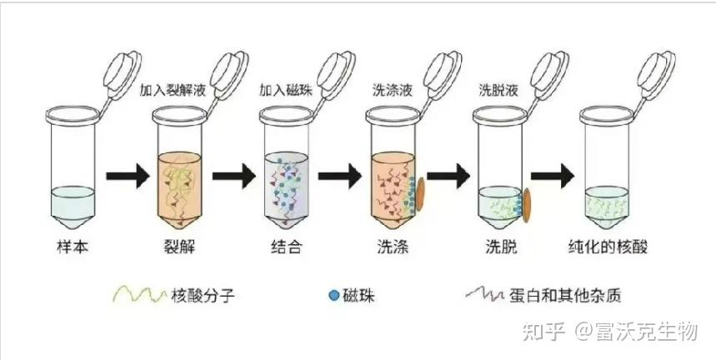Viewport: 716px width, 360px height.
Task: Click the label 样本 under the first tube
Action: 68,247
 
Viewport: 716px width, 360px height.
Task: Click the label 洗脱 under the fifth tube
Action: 503,247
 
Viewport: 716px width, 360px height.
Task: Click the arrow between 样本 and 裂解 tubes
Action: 124,177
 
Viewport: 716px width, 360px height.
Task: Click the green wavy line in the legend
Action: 138,294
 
